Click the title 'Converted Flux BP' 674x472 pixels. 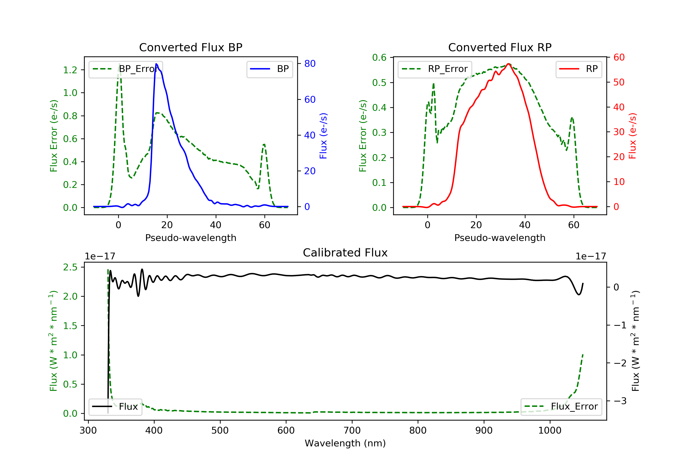[x=191, y=47]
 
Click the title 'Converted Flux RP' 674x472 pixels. [x=500, y=47]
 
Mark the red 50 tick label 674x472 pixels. [x=619, y=82]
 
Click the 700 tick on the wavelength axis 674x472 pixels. [x=352, y=431]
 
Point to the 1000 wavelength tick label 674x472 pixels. [x=550, y=431]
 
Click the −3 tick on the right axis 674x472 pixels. [x=619, y=401]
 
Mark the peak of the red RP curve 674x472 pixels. [x=508, y=64]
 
